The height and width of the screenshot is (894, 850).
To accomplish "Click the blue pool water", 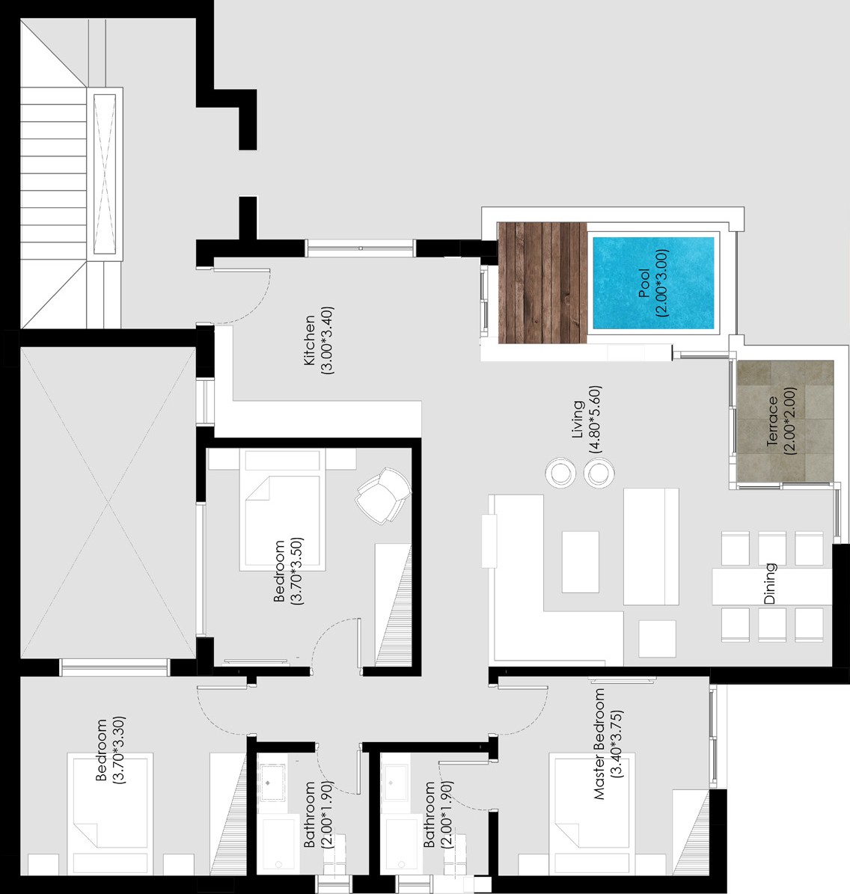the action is click(653, 283).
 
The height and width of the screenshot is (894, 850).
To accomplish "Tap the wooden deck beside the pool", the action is click(542, 282).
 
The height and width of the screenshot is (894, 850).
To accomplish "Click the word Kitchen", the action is click(309, 340).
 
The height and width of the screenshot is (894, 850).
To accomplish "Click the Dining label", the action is click(770, 584).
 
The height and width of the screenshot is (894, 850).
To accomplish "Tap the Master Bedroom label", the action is click(599, 744).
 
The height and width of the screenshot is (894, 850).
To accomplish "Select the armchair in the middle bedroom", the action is click(384, 495).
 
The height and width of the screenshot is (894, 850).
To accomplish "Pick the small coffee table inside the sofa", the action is click(581, 562).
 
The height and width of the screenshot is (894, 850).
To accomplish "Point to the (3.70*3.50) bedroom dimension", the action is click(296, 571).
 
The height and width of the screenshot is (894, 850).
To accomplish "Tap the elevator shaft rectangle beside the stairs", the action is click(104, 174).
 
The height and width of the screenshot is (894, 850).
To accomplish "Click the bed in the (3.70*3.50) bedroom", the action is click(282, 509).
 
